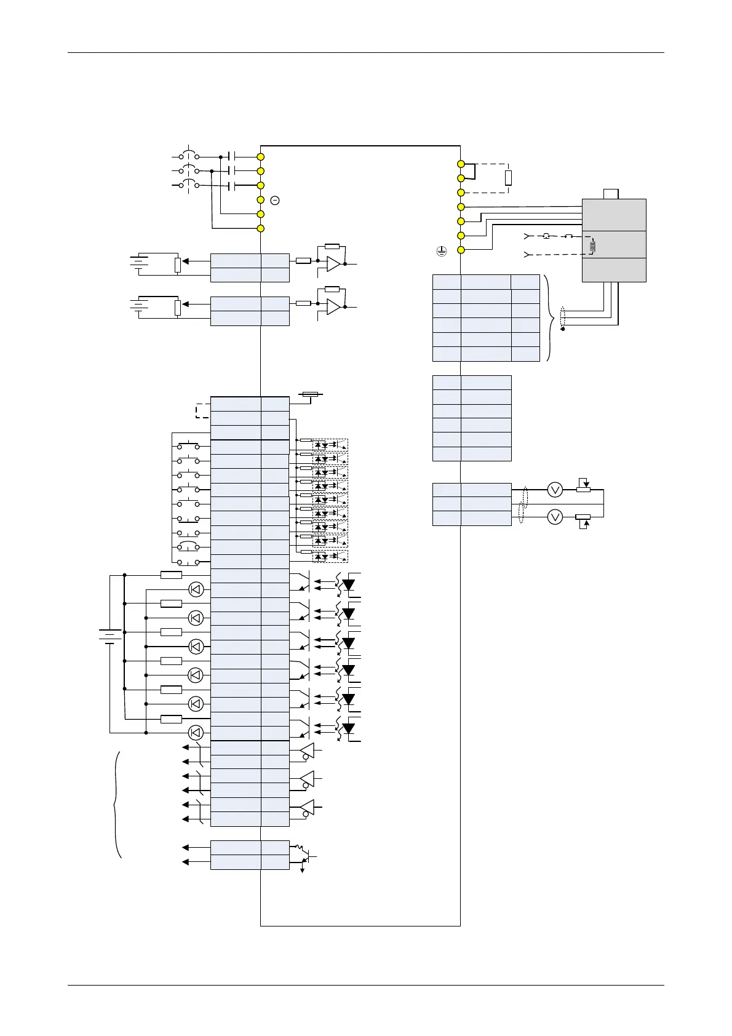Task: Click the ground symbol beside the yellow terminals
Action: pyautogui.click(x=440, y=250)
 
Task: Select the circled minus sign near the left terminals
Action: pyautogui.click(x=275, y=201)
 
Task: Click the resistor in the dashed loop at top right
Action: pyautogui.click(x=508, y=178)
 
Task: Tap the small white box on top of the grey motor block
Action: pyautogui.click(x=611, y=194)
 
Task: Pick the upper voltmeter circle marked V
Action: pyautogui.click(x=555, y=490)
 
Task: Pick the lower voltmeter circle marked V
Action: pyautogui.click(x=555, y=517)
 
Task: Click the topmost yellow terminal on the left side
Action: pyautogui.click(x=261, y=157)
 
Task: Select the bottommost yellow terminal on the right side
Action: pyautogui.click(x=461, y=250)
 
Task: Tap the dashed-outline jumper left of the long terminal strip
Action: pyautogui.click(x=202, y=411)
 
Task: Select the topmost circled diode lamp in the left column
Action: pyautogui.click(x=196, y=589)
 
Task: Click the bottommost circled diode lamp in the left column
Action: pyautogui.click(x=196, y=732)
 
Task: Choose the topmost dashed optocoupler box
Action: pyautogui.click(x=330, y=444)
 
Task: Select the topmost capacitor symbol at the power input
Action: pyautogui.click(x=231, y=157)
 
